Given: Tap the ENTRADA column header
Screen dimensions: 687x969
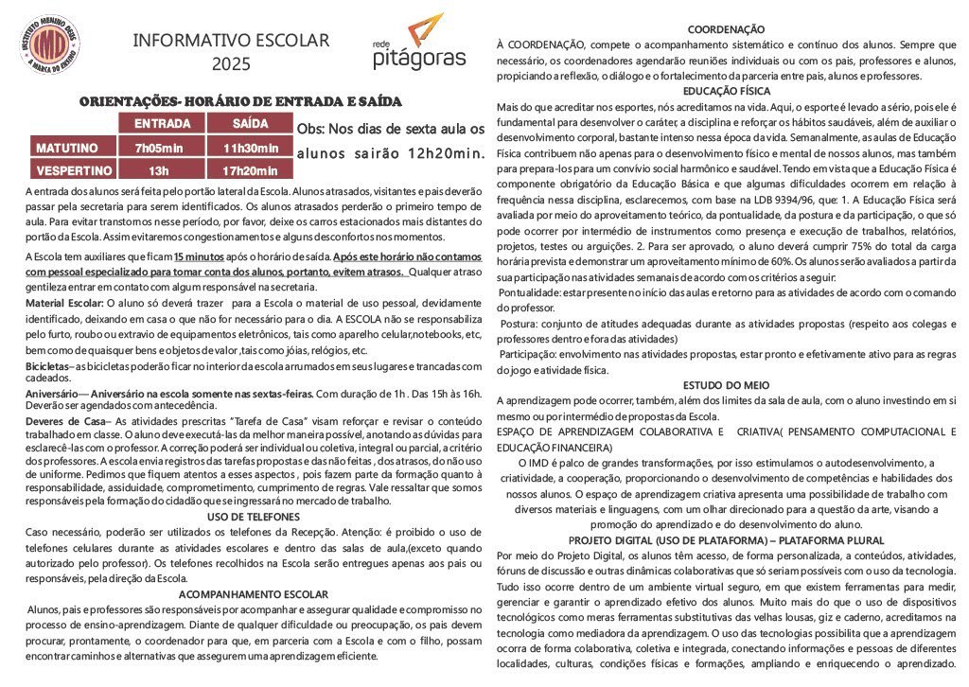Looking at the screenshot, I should click(162, 124).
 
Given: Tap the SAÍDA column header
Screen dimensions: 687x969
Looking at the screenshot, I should click(250, 124).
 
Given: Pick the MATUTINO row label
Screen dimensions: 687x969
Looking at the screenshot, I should click(67, 148).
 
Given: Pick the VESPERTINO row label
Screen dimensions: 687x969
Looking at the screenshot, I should click(74, 171).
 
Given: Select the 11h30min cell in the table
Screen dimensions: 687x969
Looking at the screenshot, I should click(250, 148).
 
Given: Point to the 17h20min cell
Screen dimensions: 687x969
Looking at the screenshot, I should click(250, 171).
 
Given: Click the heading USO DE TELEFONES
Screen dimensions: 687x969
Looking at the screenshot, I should click(253, 517).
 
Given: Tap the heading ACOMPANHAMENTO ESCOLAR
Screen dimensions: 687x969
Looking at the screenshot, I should click(253, 594).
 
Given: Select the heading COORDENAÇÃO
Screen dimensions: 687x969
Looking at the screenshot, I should click(726, 29).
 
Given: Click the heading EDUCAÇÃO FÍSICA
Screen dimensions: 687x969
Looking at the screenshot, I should click(726, 91).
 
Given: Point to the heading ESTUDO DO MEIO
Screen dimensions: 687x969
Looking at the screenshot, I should click(726, 384).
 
